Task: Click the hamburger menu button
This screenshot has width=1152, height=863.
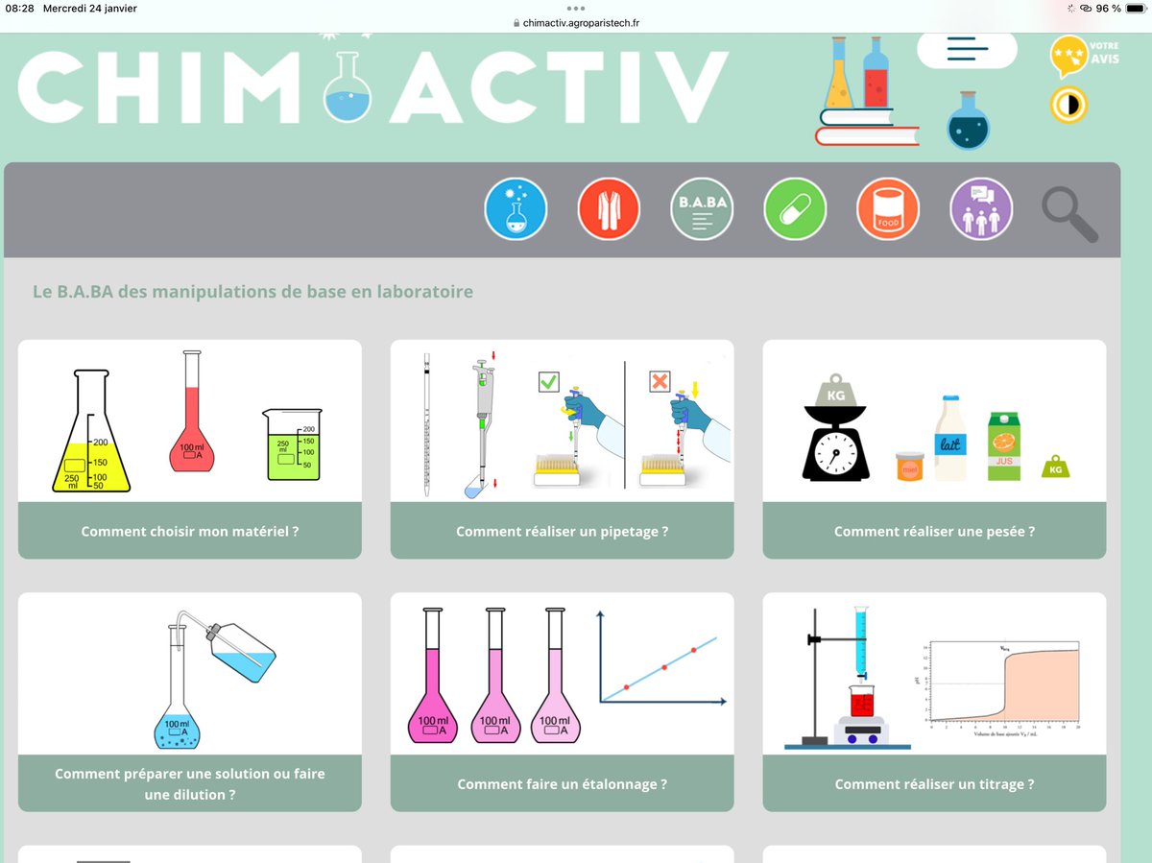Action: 967,49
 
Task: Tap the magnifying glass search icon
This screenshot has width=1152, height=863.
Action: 1068,213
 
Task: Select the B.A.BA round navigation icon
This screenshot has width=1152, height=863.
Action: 701,209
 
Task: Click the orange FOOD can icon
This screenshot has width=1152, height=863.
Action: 887,209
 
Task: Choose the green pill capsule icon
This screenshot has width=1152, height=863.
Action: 795,209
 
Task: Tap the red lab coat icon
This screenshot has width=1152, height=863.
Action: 609,209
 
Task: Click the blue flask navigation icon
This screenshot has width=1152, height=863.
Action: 516,209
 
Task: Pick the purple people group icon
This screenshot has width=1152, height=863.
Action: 981,209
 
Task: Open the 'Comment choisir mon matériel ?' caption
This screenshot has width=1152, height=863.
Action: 190,531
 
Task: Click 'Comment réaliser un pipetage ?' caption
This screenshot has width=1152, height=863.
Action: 562,531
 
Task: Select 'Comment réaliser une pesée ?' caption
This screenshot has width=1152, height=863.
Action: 934,531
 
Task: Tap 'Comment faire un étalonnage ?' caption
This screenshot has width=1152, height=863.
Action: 562,784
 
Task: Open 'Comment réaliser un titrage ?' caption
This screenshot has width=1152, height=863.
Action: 934,784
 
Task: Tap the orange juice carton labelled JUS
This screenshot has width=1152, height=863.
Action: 1004,446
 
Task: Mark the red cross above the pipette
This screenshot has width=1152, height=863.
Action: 660,382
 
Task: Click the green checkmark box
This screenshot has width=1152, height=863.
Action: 548,382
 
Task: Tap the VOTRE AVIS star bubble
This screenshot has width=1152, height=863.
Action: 1069,57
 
